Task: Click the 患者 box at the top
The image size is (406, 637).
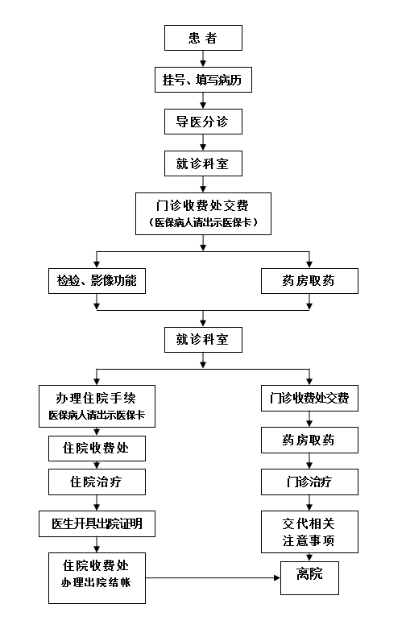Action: [203, 38]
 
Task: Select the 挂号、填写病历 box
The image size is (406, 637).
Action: [203, 80]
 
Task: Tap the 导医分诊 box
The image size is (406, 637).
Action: [203, 122]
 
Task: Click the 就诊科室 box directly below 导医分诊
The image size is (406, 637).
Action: [203, 163]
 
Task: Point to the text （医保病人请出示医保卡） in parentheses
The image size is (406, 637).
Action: [203, 222]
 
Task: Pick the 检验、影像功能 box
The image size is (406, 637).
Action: [97, 281]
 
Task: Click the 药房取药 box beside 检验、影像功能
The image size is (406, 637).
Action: [309, 281]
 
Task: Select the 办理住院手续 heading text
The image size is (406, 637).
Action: [96, 398]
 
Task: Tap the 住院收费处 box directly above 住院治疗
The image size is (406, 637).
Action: [97, 449]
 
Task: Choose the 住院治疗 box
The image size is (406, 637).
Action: [97, 482]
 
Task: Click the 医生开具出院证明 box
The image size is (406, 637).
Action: [97, 523]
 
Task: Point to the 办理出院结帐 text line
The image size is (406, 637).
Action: [96, 582]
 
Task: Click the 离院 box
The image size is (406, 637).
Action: [309, 578]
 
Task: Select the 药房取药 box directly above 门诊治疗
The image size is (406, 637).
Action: [309, 440]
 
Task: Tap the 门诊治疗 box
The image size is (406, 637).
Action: [309, 482]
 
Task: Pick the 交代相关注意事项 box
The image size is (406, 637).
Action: [309, 532]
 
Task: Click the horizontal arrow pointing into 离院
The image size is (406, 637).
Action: [213, 577]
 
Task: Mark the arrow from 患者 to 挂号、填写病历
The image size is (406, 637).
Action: [203, 59]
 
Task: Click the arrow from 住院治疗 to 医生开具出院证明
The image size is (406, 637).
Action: [97, 503]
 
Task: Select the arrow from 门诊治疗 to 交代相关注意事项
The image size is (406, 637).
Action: [309, 503]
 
